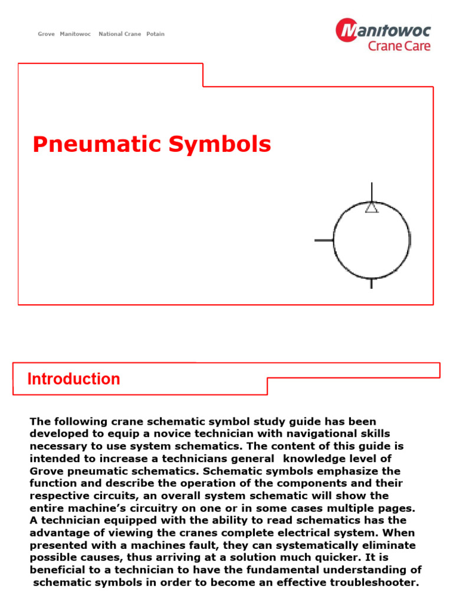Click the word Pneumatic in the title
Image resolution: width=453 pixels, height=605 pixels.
pyautogui.click(x=93, y=145)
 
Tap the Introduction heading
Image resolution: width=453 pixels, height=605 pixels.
pyautogui.click(x=74, y=379)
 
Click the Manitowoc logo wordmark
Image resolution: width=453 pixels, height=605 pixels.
pyautogui.click(x=393, y=31)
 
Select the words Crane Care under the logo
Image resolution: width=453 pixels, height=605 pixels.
pyautogui.click(x=399, y=46)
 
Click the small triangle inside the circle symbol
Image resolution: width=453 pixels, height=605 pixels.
pyautogui.click(x=372, y=207)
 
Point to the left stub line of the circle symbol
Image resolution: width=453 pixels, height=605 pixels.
pyautogui.click(x=324, y=240)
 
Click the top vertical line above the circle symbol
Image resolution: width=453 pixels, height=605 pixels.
pyautogui.click(x=372, y=191)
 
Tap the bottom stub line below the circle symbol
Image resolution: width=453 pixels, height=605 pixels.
pyautogui.click(x=371, y=284)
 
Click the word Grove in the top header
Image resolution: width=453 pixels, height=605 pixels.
pyautogui.click(x=46, y=34)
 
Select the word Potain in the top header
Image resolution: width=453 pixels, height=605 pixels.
pyautogui.click(x=155, y=34)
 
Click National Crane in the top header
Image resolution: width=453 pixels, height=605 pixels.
pyautogui.click(x=120, y=34)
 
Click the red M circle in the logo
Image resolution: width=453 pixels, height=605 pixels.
pyautogui.click(x=347, y=30)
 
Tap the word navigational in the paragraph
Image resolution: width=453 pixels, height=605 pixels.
pyautogui.click(x=318, y=434)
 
